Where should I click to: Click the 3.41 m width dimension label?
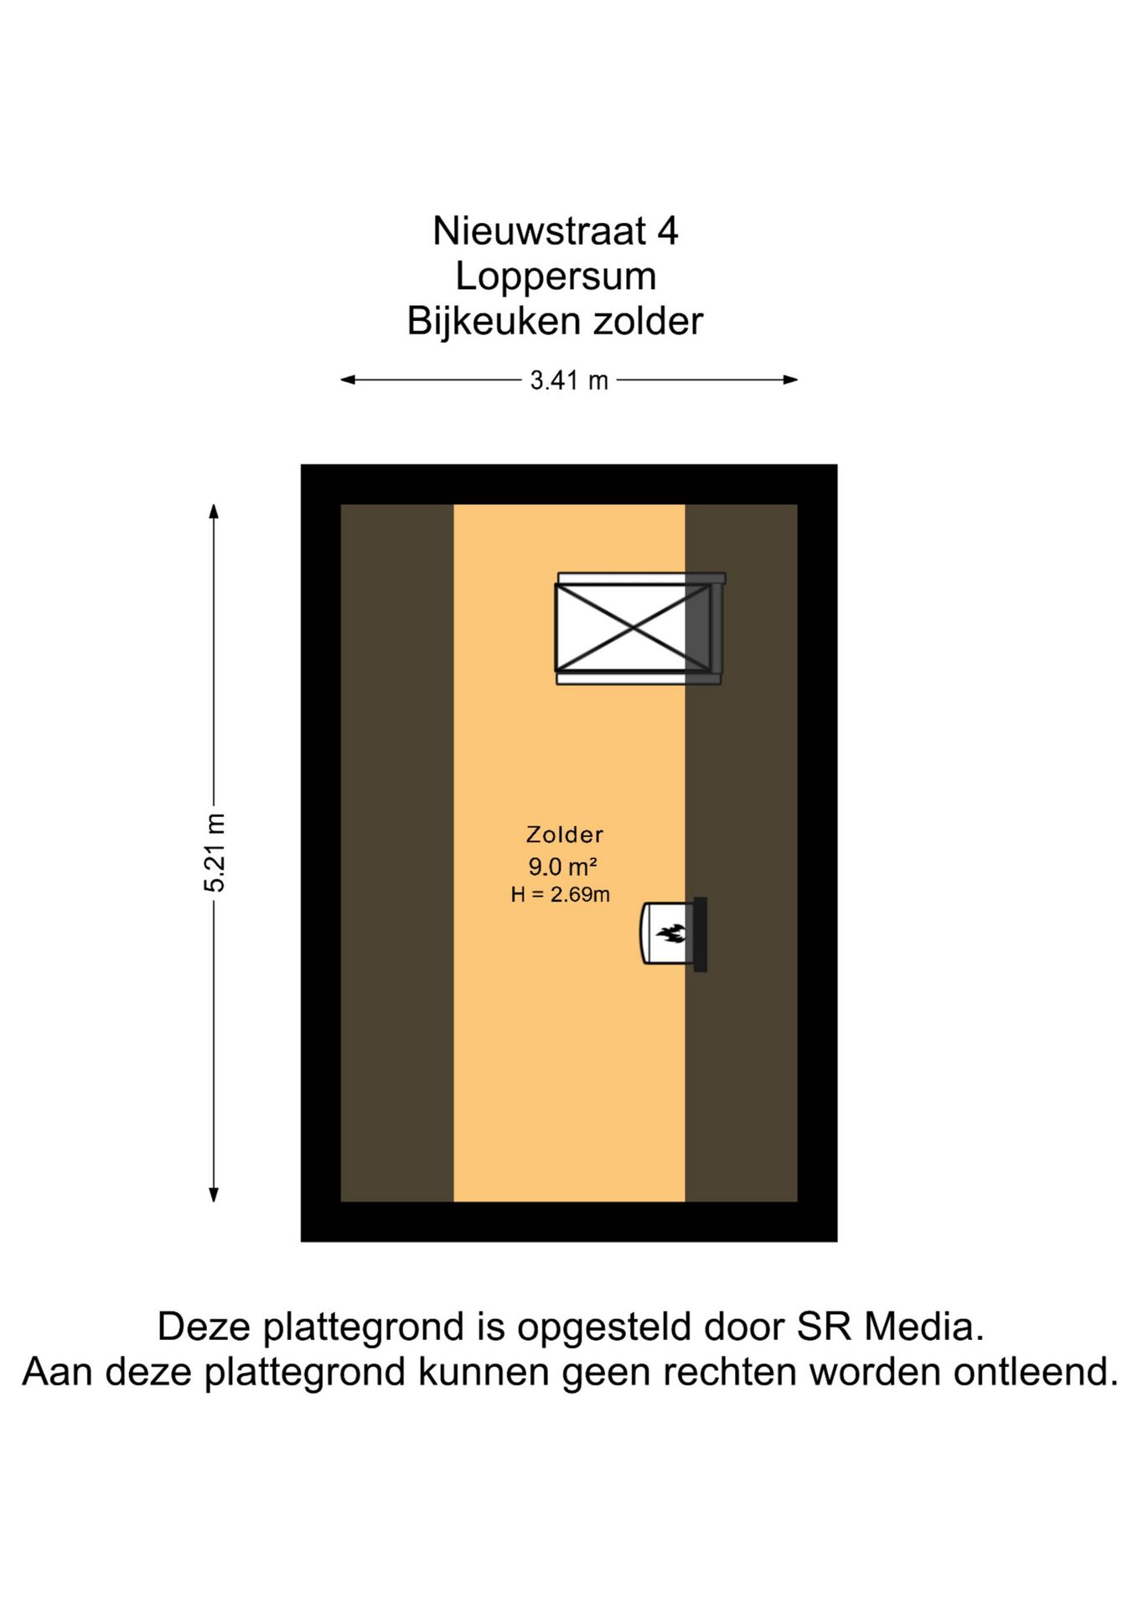pyautogui.click(x=568, y=381)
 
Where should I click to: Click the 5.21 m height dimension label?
pyautogui.click(x=215, y=852)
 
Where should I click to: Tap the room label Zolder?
pyautogui.click(x=564, y=835)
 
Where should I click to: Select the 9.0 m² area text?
pyautogui.click(x=562, y=867)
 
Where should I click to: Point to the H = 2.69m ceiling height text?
pyautogui.click(x=560, y=895)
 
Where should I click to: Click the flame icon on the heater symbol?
pyautogui.click(x=671, y=933)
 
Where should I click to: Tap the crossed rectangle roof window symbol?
pyautogui.click(x=633, y=628)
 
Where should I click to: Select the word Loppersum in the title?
pyautogui.click(x=555, y=277)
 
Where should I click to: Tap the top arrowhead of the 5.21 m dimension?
pyautogui.click(x=214, y=510)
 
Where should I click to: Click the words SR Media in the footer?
pyautogui.click(x=890, y=1327)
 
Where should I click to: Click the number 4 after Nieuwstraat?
pyautogui.click(x=667, y=231)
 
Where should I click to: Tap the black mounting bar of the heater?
pyautogui.click(x=701, y=934)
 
